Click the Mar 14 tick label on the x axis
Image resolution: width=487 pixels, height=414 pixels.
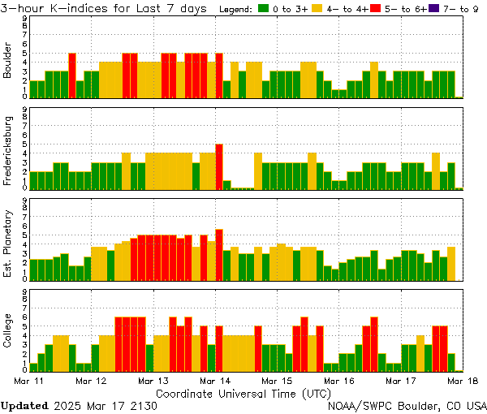click(x=215, y=381)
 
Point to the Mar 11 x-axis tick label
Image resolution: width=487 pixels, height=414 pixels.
click(x=30, y=381)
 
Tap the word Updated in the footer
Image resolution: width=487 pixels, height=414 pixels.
click(x=24, y=404)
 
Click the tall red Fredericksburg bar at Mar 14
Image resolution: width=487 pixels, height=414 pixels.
click(x=219, y=166)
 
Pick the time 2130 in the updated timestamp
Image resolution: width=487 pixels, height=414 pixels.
click(x=144, y=404)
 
